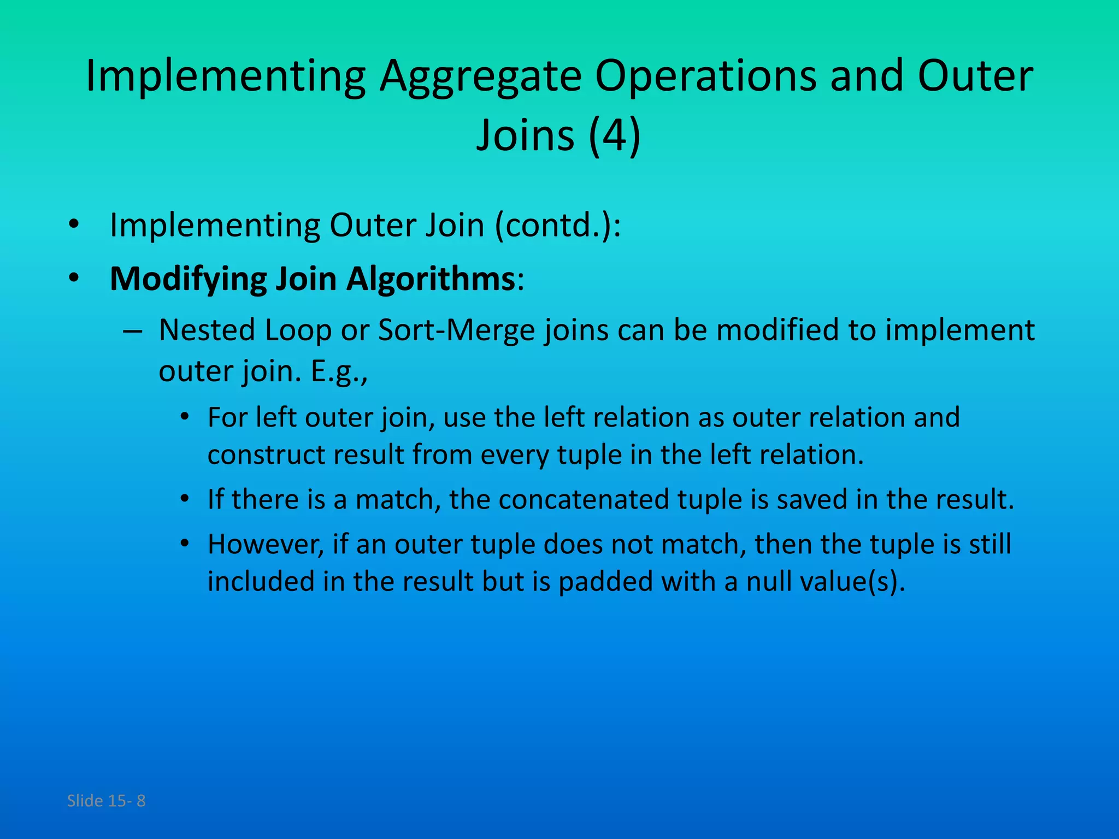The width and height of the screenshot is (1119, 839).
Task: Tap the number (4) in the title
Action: pos(614,135)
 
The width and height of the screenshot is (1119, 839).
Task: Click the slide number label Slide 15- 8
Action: pos(106,801)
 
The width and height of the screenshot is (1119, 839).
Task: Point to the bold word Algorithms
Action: pos(431,280)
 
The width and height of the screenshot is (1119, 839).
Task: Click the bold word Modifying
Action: pos(188,280)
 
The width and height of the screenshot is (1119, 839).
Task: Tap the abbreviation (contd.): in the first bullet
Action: pos(558,225)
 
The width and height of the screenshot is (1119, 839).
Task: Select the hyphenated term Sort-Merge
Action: pos(456,330)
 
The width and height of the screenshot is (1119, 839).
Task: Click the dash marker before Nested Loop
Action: pos(133,331)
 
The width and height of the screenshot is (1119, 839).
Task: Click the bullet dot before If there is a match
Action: pos(185,499)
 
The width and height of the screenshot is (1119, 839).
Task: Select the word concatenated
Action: pos(584,499)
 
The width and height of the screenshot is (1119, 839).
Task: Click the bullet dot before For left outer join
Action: pos(185,417)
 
